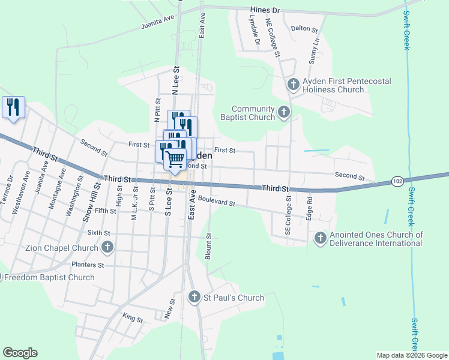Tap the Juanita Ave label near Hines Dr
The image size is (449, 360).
click(157, 22)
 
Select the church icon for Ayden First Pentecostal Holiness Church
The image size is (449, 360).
click(294, 85)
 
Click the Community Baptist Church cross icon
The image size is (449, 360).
click(283, 112)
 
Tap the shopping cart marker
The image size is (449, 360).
click(175, 159)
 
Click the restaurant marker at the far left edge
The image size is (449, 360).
click(13, 107)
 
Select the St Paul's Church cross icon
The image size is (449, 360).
click(194, 297)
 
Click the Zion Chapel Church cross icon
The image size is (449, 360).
click(107, 247)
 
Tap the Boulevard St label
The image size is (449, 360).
click(216, 202)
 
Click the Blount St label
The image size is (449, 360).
click(208, 246)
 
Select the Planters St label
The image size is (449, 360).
click(88, 265)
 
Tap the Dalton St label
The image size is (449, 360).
click(304, 28)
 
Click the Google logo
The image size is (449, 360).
click(20, 353)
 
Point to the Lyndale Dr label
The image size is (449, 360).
click(256, 31)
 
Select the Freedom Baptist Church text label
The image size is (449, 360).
click(49, 277)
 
